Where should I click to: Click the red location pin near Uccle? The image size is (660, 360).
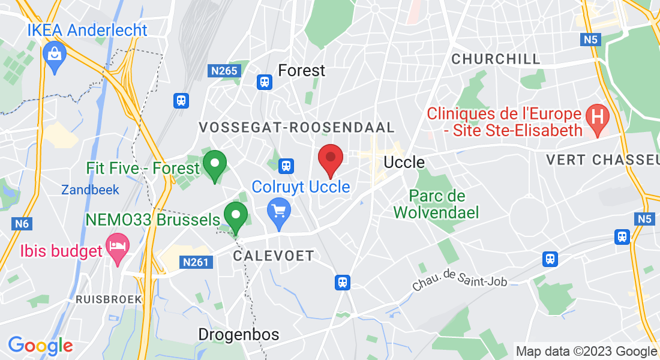pyautogui.click(x=330, y=158)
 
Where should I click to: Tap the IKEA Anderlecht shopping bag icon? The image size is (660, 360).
pyautogui.click(x=55, y=55)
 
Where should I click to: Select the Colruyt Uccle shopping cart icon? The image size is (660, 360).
pyautogui.click(x=279, y=211)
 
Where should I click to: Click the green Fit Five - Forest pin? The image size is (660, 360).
pyautogui.click(x=215, y=164)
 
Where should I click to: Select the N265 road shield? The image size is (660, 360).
pyautogui.click(x=225, y=71)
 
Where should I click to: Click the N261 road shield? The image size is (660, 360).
pyautogui.click(x=196, y=262)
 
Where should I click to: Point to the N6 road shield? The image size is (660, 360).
pyautogui.click(x=22, y=224)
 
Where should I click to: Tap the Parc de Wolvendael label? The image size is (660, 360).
pyautogui.click(x=437, y=203)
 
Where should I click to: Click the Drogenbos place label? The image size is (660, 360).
pyautogui.click(x=239, y=334)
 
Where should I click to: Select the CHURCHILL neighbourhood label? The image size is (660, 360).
pyautogui.click(x=496, y=59)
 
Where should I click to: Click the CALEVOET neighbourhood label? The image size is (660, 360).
pyautogui.click(x=273, y=256)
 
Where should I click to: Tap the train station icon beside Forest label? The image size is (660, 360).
pyautogui.click(x=263, y=82)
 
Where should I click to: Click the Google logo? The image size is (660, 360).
pyautogui.click(x=40, y=346)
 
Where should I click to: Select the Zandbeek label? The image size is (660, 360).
pyautogui.click(x=90, y=190)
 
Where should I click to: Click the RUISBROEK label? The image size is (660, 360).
pyautogui.click(x=109, y=299)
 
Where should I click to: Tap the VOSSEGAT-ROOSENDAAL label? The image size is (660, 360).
pyautogui.click(x=296, y=127)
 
